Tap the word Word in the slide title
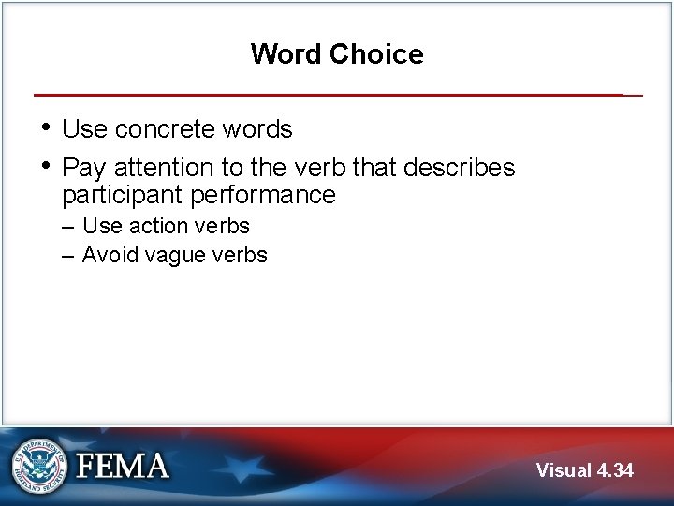(285, 54)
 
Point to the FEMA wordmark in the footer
(123, 466)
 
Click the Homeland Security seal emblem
(40, 466)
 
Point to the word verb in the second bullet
(311, 168)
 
